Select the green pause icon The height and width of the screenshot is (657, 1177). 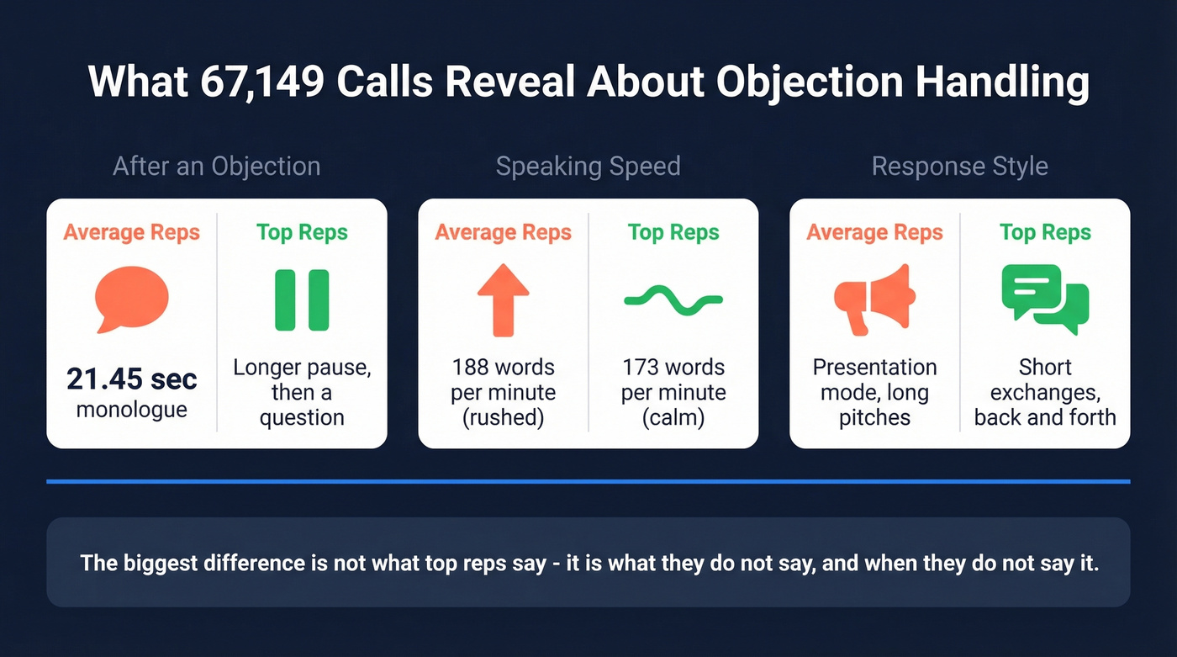coord(302,299)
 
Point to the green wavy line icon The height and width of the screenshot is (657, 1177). coord(673,300)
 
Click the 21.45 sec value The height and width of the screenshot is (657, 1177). coord(132,379)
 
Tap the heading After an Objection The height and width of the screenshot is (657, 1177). coord(217,167)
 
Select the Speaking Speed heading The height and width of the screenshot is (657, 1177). coord(588,167)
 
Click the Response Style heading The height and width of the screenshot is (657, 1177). coord(959,167)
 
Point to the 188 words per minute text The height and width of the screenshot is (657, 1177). coord(503,392)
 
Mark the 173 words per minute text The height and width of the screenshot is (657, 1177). coord(673,392)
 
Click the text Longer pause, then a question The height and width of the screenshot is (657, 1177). coord(302,392)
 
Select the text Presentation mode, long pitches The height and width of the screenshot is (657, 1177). coord(874,392)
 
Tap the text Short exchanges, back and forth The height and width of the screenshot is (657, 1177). coord(1045,392)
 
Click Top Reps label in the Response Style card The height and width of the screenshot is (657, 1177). coord(1045,232)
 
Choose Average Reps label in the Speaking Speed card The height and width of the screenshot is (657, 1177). coord(503,232)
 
